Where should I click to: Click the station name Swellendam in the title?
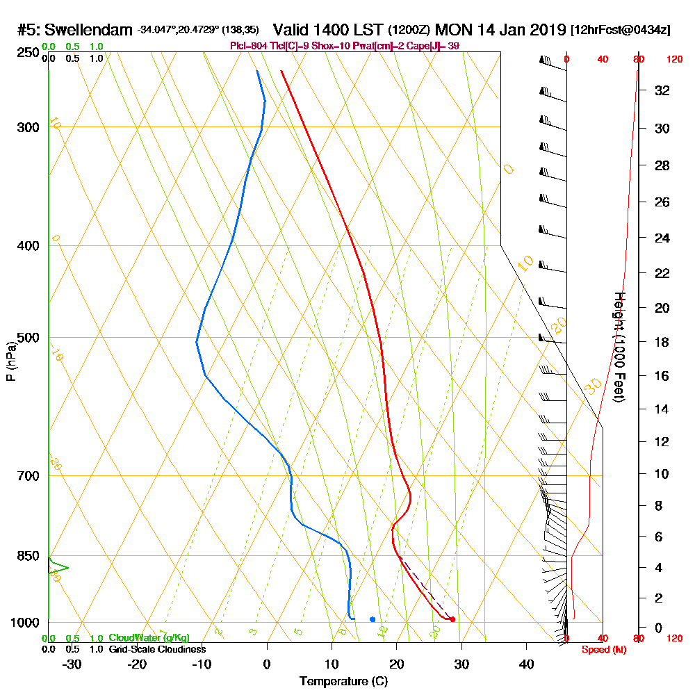coord(88,31)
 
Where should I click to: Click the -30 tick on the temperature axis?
coord(72,664)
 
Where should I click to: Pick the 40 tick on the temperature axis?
coord(526,664)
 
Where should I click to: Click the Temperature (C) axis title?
coord(343,681)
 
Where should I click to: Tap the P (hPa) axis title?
coord(10,361)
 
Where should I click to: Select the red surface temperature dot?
coord(452,619)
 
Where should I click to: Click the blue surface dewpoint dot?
coord(373,619)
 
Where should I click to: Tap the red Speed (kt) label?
coord(600,650)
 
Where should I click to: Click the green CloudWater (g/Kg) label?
coord(149,638)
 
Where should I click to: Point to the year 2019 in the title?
coord(543,31)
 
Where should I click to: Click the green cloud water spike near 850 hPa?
coord(64,568)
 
